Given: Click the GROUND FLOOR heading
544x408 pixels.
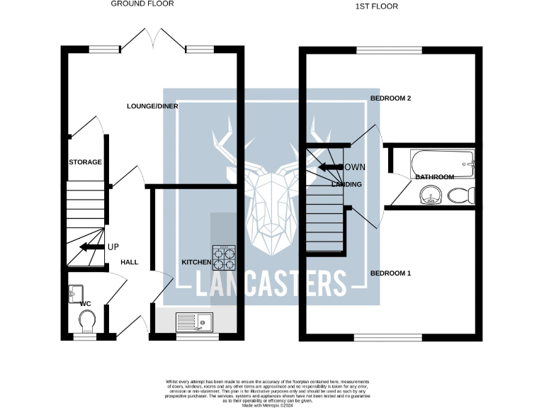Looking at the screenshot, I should pos(142,4).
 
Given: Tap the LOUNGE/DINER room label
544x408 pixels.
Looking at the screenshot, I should pos(152,106).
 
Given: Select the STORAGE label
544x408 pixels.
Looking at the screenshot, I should pos(86,162).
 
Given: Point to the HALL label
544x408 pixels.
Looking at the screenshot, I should pos(130,262).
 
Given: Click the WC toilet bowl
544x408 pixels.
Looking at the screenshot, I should pos(86,323).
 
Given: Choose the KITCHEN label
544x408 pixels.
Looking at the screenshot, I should pos(196,262).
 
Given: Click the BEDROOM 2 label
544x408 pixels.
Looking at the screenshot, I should pos(391,98).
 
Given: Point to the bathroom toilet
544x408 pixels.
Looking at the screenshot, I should pos(460,195).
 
